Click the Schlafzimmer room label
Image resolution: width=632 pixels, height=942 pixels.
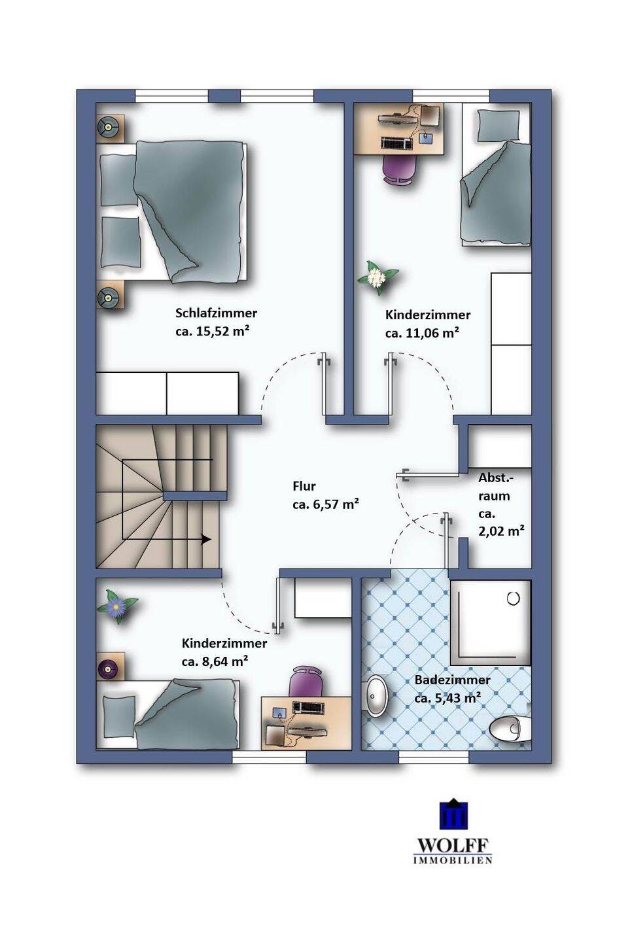click(x=216, y=313)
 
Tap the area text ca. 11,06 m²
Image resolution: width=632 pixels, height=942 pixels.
click(x=422, y=333)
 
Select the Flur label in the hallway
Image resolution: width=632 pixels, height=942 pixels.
click(x=304, y=486)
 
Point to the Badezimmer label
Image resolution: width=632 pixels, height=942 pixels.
click(x=453, y=680)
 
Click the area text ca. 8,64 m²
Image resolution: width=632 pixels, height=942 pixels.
click(x=215, y=661)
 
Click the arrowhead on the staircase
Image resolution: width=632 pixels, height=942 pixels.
click(x=205, y=539)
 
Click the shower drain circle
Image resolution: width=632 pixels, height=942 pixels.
click(x=514, y=598)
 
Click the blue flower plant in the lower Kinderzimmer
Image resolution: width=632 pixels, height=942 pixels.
click(x=116, y=606)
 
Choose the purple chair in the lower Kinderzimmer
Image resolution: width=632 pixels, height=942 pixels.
click(x=307, y=680)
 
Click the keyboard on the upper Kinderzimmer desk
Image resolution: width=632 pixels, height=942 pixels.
click(x=396, y=143)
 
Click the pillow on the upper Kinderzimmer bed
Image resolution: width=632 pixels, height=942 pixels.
click(x=497, y=128)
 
